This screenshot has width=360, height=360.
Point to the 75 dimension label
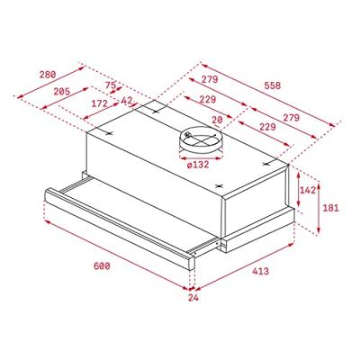pos(112,87)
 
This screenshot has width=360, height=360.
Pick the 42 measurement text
pos(127,102)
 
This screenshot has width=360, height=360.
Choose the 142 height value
pos(308,191)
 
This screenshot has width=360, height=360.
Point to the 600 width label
pos(101,266)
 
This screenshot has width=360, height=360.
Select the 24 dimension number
pos(192,297)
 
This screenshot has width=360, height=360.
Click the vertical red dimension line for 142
pos(298,191)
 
